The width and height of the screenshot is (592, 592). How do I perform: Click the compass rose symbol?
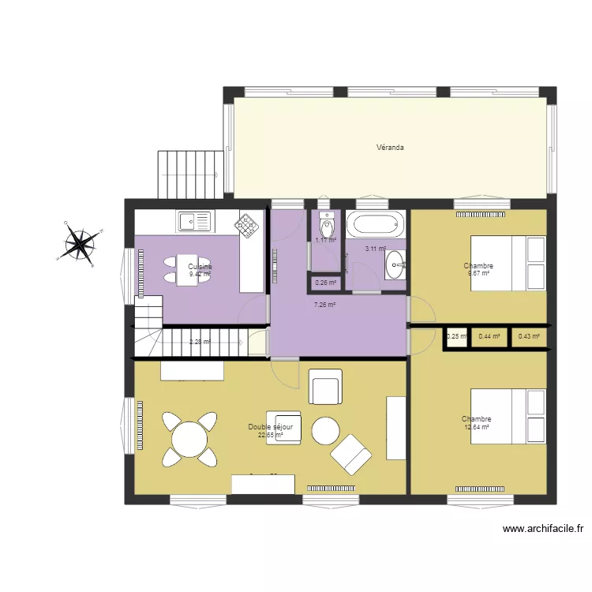click(81, 243)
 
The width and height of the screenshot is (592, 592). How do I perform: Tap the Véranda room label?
click(390, 147)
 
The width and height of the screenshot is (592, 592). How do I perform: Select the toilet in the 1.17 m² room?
click(326, 222)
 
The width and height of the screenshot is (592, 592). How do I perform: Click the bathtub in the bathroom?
click(375, 223)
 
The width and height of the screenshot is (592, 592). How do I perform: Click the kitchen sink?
click(195, 221)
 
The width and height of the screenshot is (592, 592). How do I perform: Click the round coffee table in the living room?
click(325, 432)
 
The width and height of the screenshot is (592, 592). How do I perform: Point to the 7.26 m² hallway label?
click(325, 305)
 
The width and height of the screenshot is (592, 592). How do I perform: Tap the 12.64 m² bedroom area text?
click(478, 427)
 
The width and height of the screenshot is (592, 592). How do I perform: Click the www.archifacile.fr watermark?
click(542, 530)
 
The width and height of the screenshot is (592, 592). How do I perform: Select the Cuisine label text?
click(200, 267)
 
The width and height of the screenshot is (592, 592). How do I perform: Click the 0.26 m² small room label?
click(325, 283)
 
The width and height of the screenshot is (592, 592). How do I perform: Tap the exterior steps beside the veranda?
click(188, 174)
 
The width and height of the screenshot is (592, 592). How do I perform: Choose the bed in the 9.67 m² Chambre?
click(508, 263)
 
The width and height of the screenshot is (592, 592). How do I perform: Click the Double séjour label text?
click(271, 426)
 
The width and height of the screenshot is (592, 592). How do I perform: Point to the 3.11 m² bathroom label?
click(375, 249)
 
